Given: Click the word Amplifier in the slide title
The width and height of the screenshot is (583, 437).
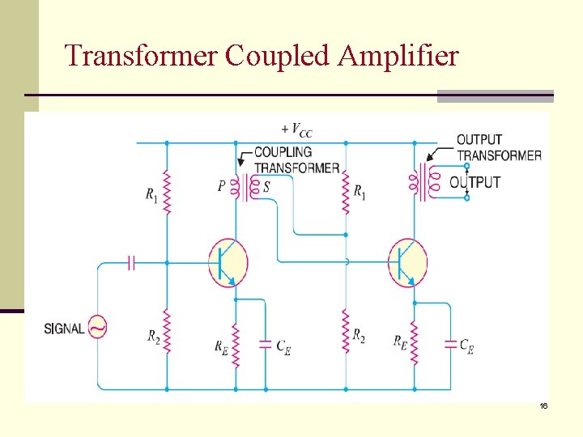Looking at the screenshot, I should coord(398,56).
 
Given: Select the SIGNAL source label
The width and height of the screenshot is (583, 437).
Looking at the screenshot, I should coord(64,329).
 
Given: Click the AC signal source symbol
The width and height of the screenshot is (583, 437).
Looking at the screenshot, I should coord(97,328).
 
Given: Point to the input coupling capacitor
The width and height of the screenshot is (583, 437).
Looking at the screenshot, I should coord(132,262).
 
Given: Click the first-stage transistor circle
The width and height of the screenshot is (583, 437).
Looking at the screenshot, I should coord(228,262).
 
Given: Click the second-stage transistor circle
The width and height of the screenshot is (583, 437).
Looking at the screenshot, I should coord(407,262).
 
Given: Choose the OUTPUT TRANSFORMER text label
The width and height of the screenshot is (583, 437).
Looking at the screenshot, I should coord(499,147).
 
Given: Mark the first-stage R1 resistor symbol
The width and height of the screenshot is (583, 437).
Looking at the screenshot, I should coord(167,192).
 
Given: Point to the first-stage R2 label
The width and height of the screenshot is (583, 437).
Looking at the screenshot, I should coord(153,336).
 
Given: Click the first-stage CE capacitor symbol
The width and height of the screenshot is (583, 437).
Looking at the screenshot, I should coord(265,344).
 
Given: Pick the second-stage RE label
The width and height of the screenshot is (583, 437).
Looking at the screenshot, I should coord(400,342).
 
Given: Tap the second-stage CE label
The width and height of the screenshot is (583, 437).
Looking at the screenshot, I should coord(466,346).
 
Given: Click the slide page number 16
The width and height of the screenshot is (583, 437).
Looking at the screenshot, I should coord(544,405).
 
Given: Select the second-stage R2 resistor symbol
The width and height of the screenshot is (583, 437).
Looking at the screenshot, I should coord(346,330).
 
